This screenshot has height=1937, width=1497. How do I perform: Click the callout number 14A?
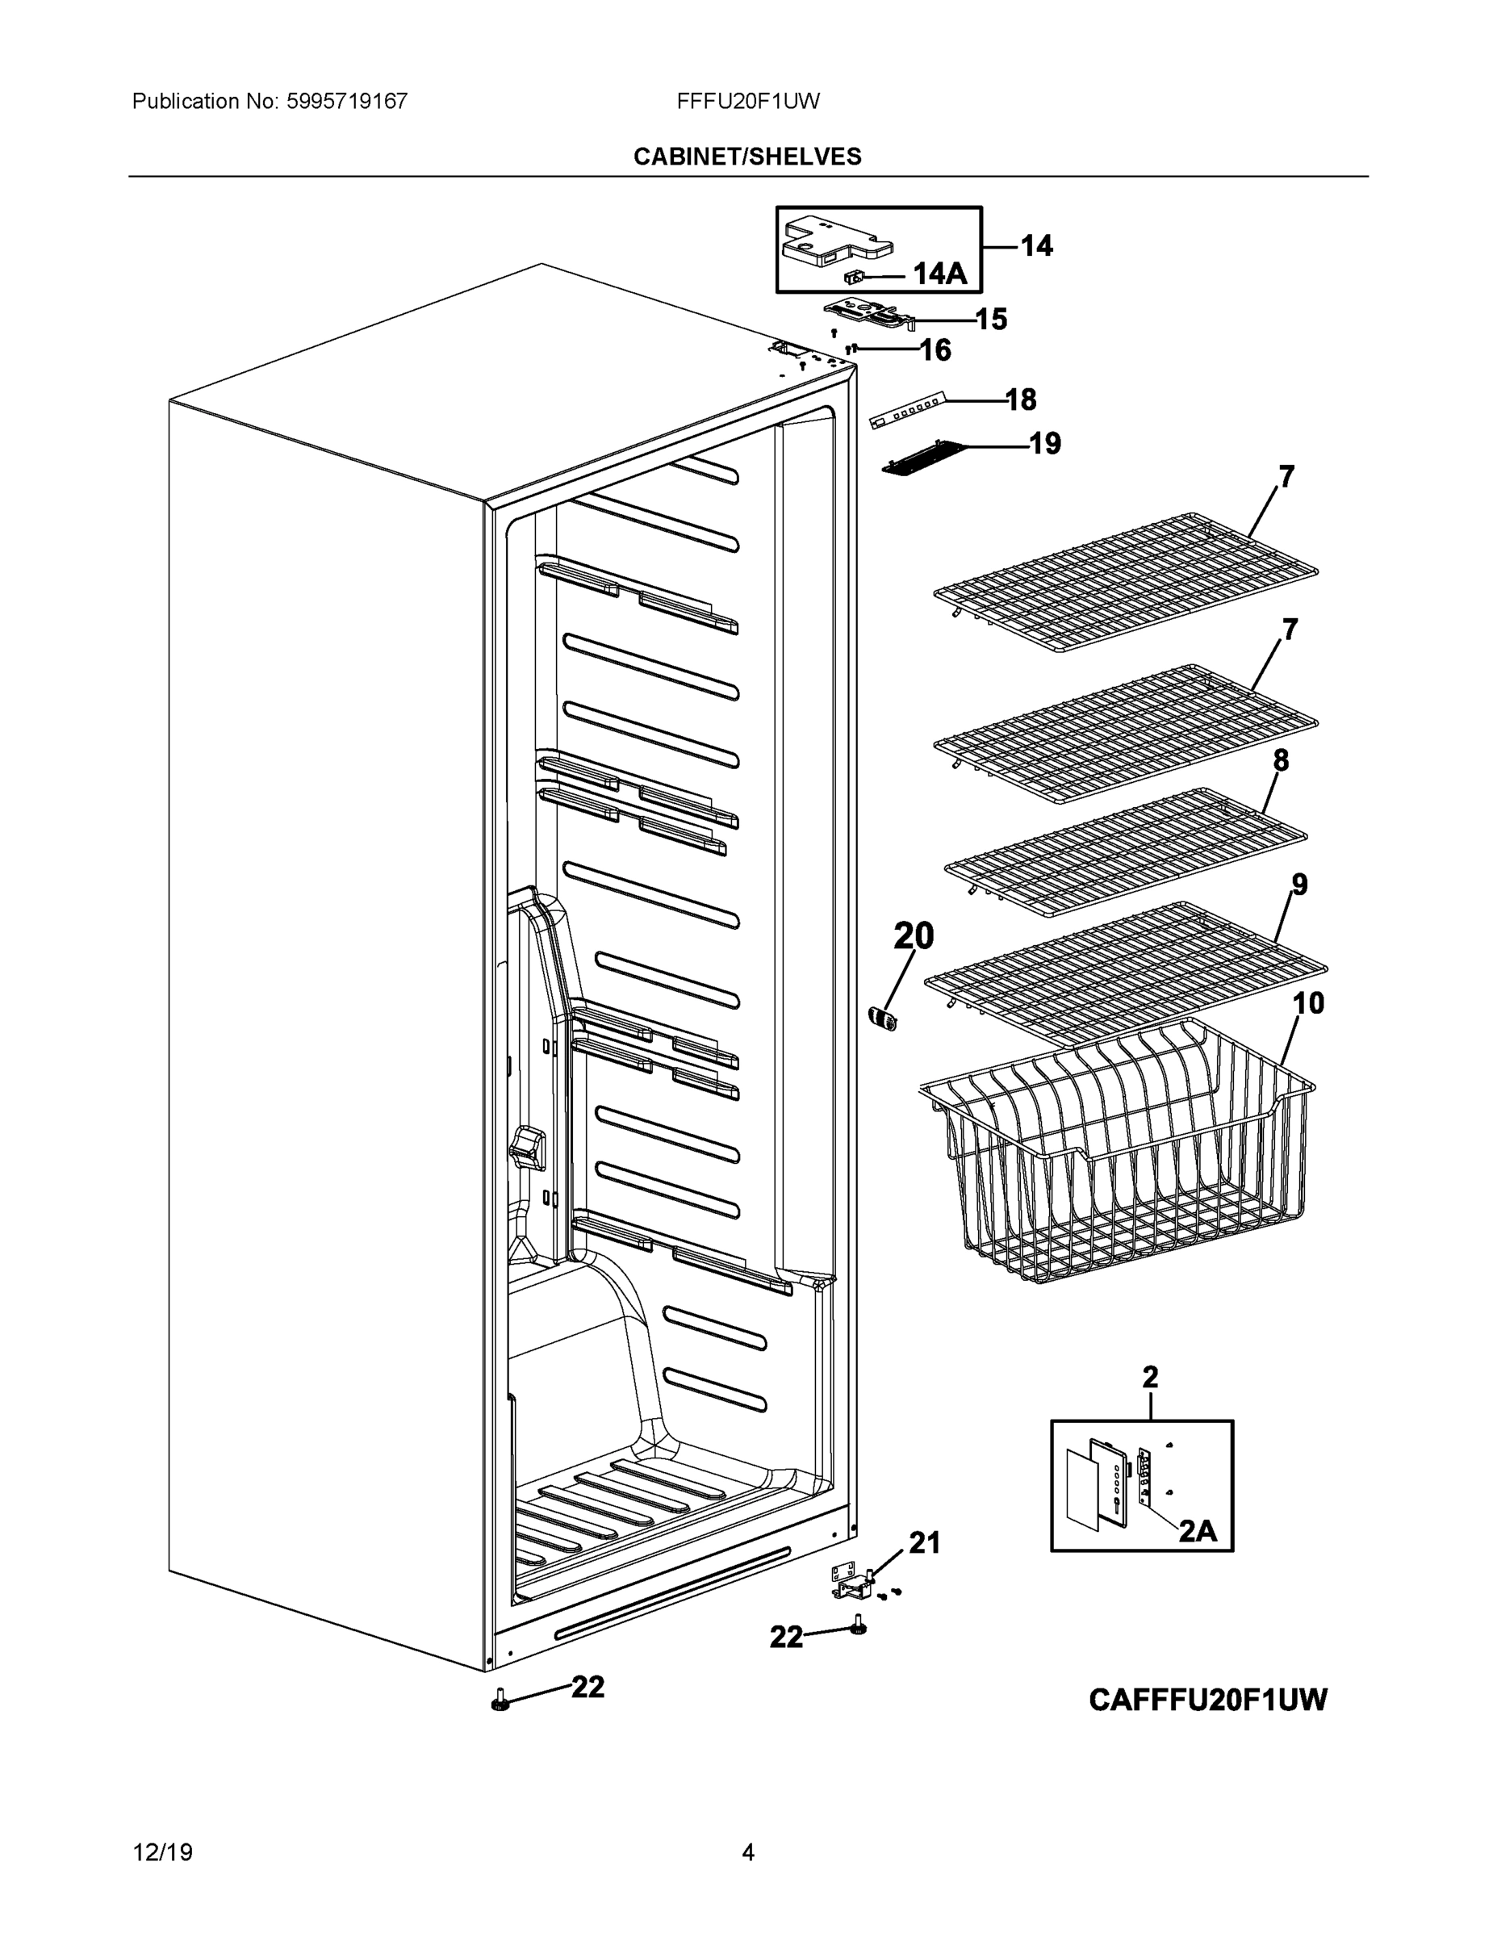[x=940, y=273]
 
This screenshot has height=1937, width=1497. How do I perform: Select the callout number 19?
[x=1045, y=442]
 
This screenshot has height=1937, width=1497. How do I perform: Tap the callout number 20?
[x=914, y=935]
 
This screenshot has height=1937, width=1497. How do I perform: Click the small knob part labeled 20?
[x=882, y=1019]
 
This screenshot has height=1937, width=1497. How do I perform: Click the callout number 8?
[x=1281, y=760]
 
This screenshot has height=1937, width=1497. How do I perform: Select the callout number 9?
[x=1299, y=885]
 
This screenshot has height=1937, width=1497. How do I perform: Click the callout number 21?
[x=924, y=1543]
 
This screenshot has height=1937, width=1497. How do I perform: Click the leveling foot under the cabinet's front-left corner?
[x=501, y=1702]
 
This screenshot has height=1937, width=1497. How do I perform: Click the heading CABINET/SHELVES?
[x=746, y=157]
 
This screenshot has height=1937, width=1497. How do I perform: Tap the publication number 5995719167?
[x=347, y=101]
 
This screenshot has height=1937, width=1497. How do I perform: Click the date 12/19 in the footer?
[x=162, y=1852]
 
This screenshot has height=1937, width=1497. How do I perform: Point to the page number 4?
[x=747, y=1852]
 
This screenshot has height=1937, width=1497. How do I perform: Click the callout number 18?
[x=1021, y=400]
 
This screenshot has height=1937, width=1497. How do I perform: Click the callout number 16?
[x=935, y=350]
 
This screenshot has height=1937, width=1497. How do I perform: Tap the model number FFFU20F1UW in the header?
[x=747, y=101]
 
